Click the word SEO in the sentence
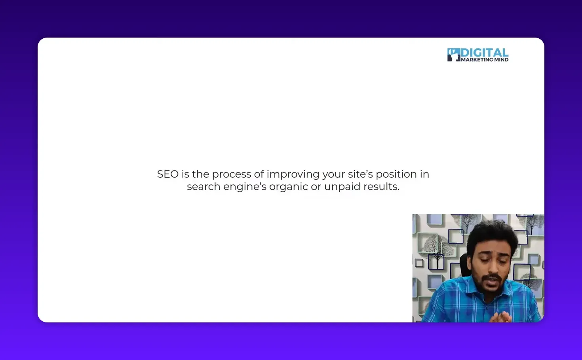(x=167, y=174)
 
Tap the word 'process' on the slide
(x=231, y=174)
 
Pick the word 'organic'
(x=288, y=187)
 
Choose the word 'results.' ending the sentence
(x=382, y=186)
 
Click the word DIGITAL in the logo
(x=485, y=53)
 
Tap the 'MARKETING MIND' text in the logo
(x=485, y=60)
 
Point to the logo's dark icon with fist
(x=454, y=55)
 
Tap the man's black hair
(x=491, y=233)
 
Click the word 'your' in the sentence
(x=334, y=174)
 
